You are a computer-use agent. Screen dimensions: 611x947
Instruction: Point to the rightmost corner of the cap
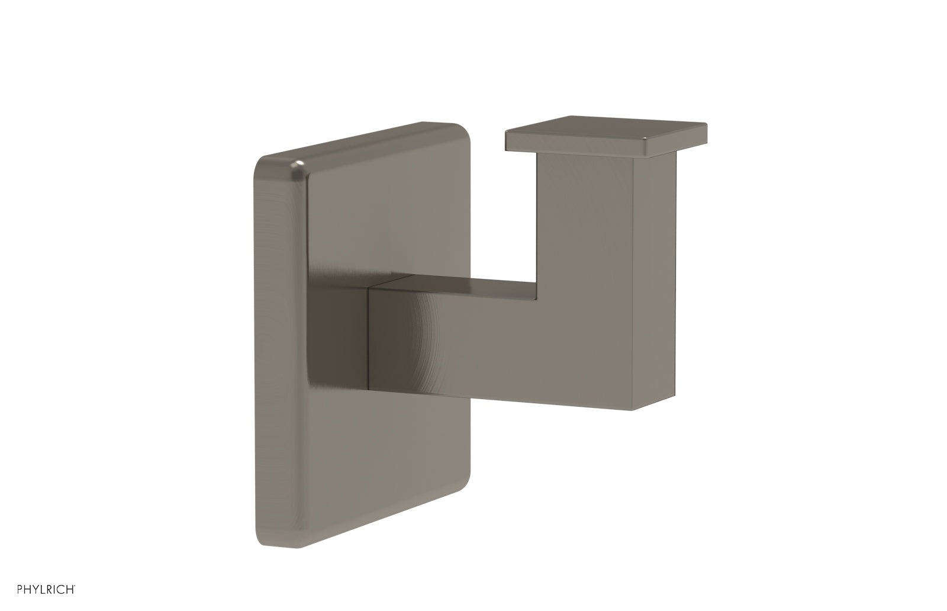click(x=706, y=126)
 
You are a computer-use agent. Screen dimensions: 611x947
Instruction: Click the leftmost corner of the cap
click(x=506, y=131)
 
